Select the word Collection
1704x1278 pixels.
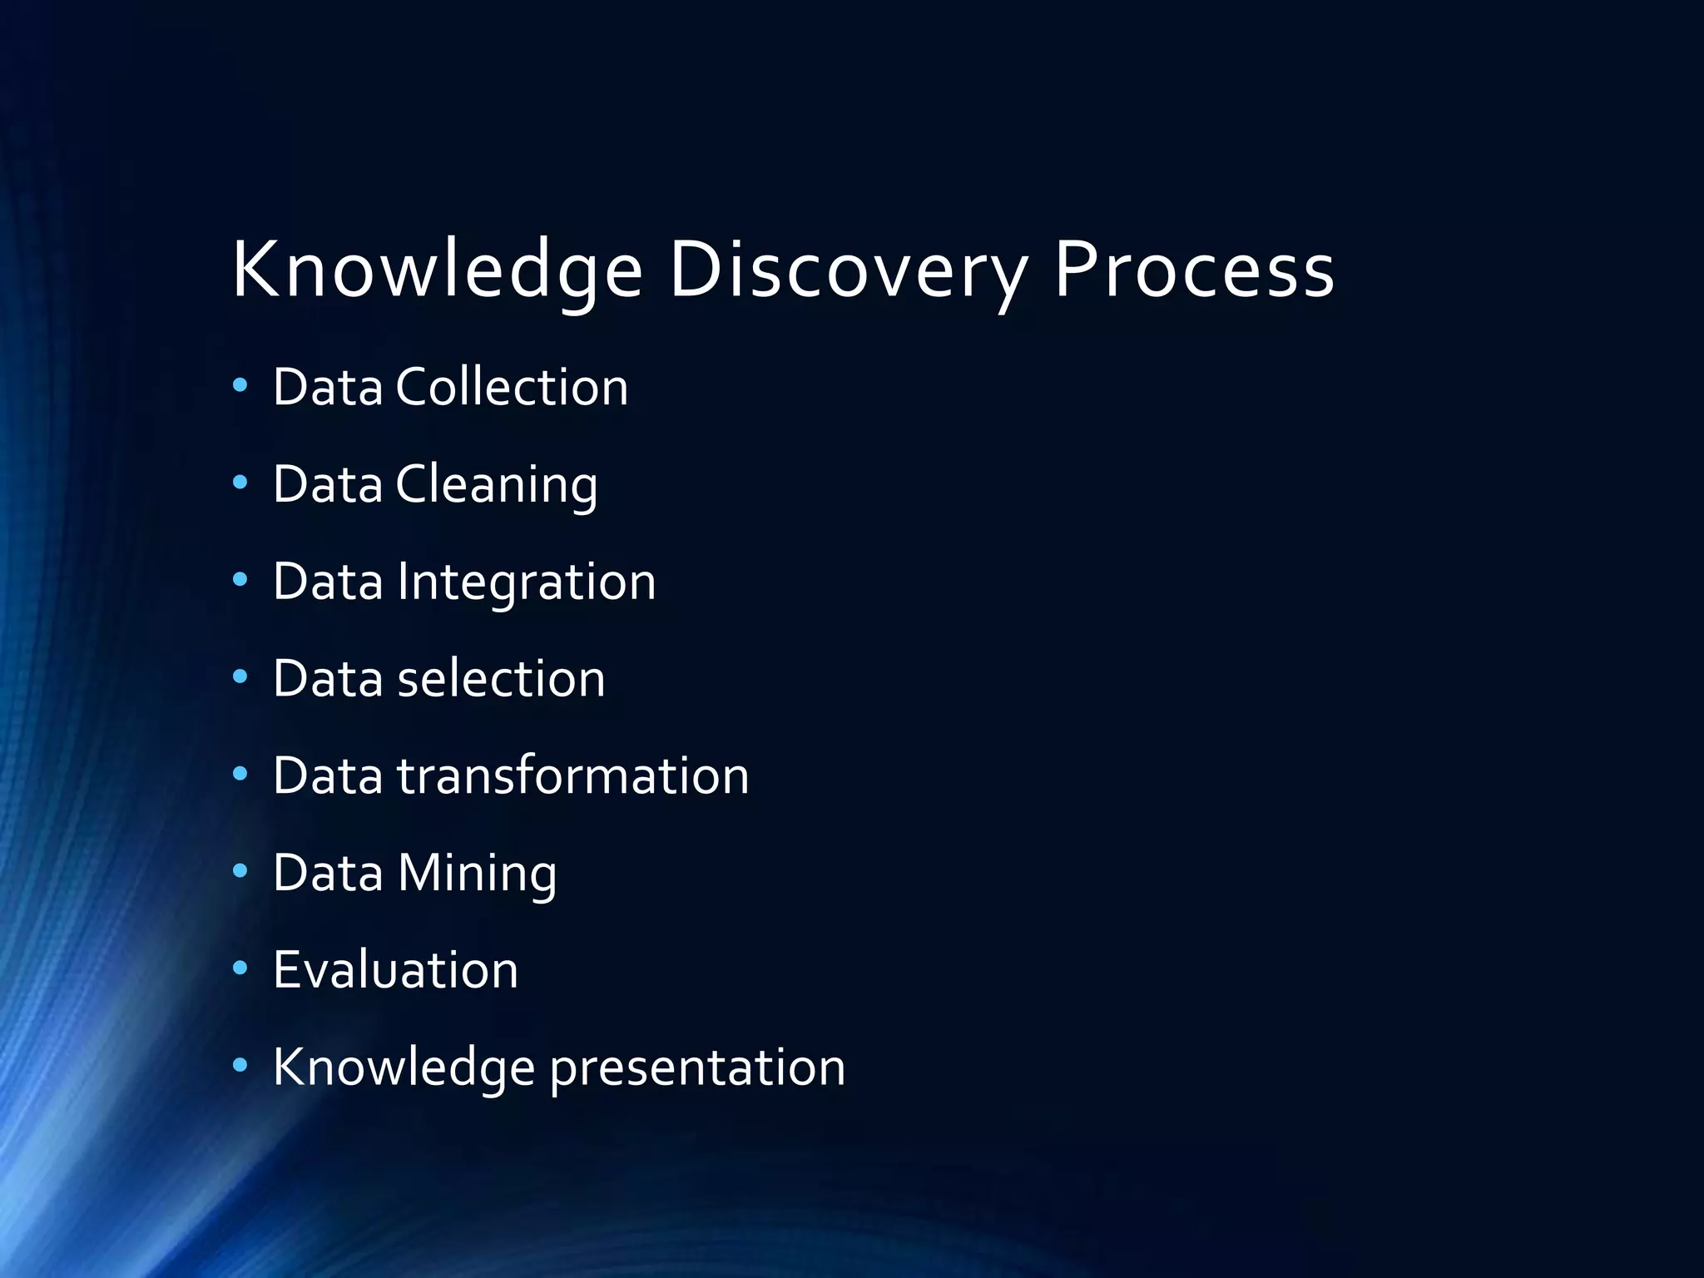point(512,387)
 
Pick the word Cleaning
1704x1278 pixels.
point(497,484)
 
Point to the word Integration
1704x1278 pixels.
point(527,582)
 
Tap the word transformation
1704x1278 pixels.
point(572,775)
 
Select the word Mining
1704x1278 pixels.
point(477,873)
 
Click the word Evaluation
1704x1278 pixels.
point(395,970)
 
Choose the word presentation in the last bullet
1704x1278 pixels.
point(697,1067)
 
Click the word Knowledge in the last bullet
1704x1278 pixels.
point(404,1067)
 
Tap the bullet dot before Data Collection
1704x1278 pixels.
point(240,385)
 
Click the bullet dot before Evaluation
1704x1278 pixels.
point(240,968)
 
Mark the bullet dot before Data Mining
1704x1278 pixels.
point(240,871)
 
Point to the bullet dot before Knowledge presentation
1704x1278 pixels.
point(240,1066)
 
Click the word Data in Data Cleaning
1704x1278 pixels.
point(328,484)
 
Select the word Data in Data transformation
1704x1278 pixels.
point(328,775)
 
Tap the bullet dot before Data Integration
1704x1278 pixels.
point(240,580)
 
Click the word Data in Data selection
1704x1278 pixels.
point(328,678)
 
